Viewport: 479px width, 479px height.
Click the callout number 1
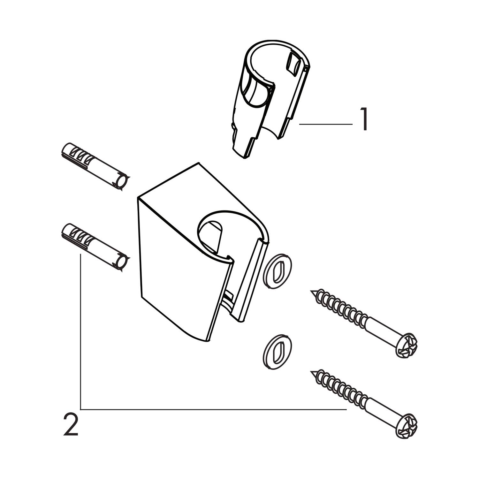pyautogui.click(x=364, y=119)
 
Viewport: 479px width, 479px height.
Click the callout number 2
pyautogui.click(x=71, y=424)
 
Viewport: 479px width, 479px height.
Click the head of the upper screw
pyautogui.click(x=406, y=346)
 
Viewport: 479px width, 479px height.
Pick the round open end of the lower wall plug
pyautogui.click(x=122, y=263)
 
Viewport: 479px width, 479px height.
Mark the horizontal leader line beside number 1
pyautogui.click(x=326, y=124)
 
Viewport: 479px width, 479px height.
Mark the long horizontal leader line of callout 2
pyautogui.click(x=214, y=409)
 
